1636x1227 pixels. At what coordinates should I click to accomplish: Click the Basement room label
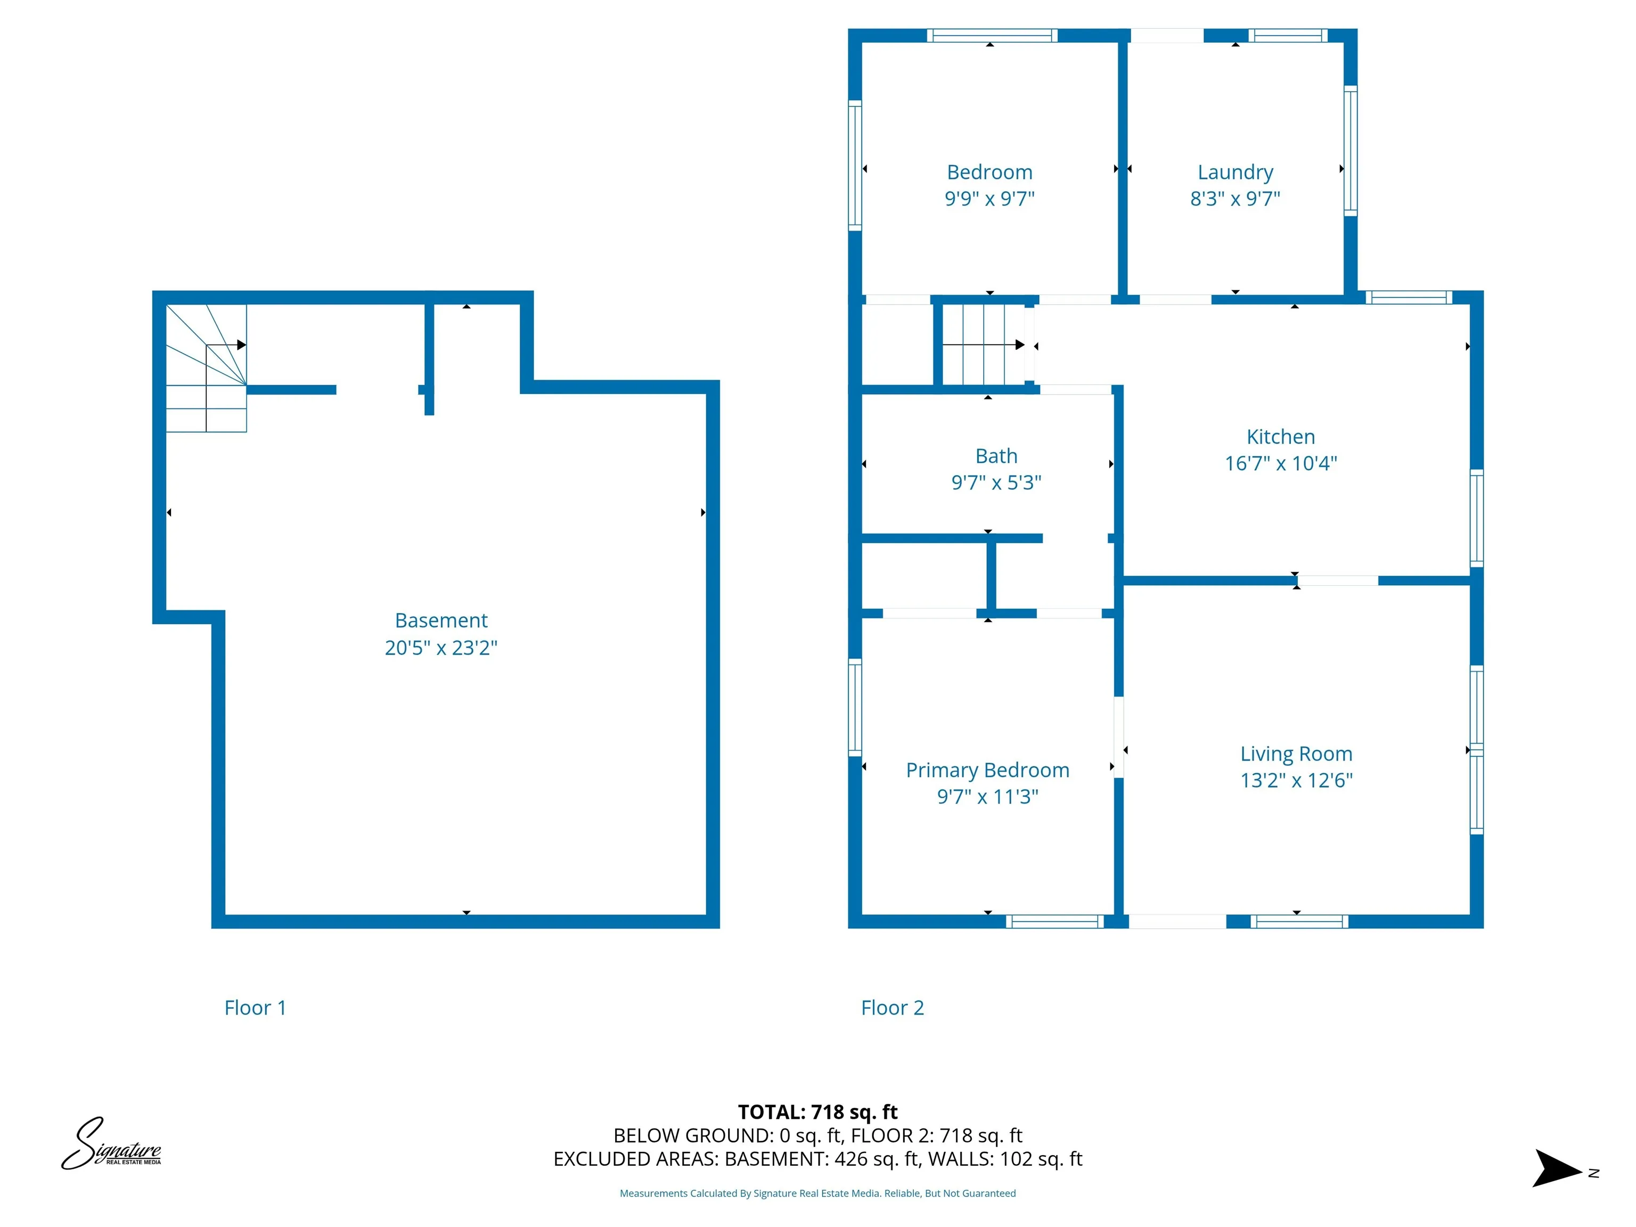click(441, 620)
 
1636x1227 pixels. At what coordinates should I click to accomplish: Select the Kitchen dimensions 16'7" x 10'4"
click(1280, 463)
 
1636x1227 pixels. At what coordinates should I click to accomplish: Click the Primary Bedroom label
click(987, 770)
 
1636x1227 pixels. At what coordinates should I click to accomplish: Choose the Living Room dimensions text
click(1296, 780)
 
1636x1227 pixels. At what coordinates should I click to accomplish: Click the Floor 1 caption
click(255, 1008)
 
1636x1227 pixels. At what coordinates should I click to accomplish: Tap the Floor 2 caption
click(892, 1008)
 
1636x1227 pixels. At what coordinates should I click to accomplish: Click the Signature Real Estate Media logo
click(111, 1144)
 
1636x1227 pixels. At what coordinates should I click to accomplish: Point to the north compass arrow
click(1556, 1168)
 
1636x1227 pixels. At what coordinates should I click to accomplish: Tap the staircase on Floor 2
click(984, 345)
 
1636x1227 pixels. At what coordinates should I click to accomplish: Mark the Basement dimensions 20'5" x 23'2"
click(441, 648)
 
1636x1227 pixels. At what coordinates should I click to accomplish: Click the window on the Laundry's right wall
click(1350, 150)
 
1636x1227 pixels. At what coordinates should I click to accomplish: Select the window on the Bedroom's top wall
click(991, 35)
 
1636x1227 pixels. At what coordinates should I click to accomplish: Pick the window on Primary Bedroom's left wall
click(854, 706)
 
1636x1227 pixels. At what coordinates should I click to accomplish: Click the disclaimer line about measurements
click(817, 1193)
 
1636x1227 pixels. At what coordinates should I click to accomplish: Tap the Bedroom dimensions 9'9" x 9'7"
click(989, 198)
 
